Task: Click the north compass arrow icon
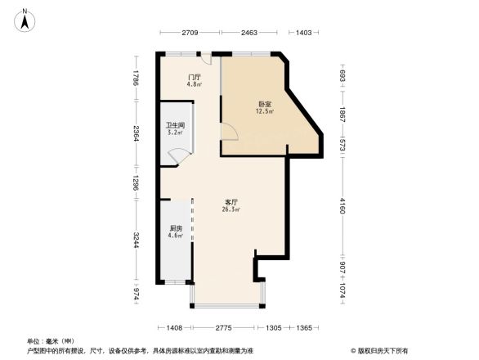25,19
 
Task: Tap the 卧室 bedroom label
264,104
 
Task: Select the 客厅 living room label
231,201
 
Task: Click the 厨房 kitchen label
176,228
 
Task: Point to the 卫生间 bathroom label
175,125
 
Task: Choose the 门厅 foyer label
194,77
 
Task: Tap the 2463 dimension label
250,32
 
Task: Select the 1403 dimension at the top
303,32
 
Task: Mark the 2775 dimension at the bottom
228,327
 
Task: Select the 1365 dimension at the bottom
304,327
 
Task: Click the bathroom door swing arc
177,155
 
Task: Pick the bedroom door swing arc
228,132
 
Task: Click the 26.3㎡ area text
231,209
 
